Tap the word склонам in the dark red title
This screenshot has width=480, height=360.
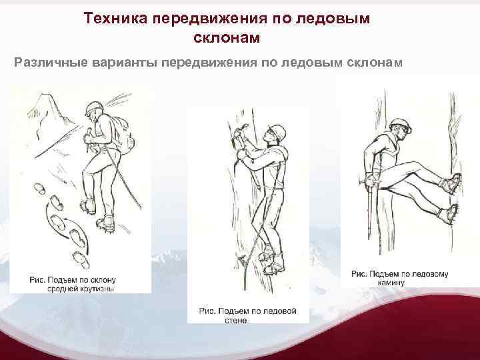tap(227, 37)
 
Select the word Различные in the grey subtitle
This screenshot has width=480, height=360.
tap(51, 63)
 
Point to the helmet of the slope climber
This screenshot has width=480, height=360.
tap(94, 108)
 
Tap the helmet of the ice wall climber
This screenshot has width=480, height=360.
tap(277, 132)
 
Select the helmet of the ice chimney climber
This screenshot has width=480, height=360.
tap(400, 124)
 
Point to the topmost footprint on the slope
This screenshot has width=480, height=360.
tap(39, 189)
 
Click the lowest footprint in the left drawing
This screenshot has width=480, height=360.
tap(81, 260)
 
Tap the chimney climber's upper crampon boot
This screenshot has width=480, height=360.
tap(450, 183)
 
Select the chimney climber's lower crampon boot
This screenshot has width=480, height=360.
tap(447, 213)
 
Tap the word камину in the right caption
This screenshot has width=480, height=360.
tap(391, 283)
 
